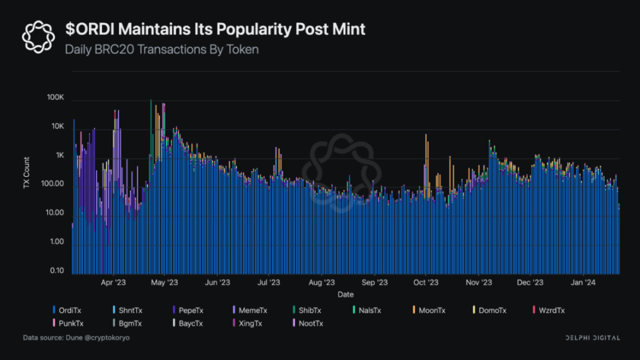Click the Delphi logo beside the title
click(38, 37)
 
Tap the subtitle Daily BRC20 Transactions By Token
click(161, 49)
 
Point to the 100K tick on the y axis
click(55, 97)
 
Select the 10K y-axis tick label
click(57, 126)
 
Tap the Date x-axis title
click(345, 294)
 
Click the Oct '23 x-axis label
click(426, 283)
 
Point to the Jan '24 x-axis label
click(583, 283)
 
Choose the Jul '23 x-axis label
click(269, 283)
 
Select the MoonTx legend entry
click(432, 310)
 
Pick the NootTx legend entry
click(309, 323)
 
